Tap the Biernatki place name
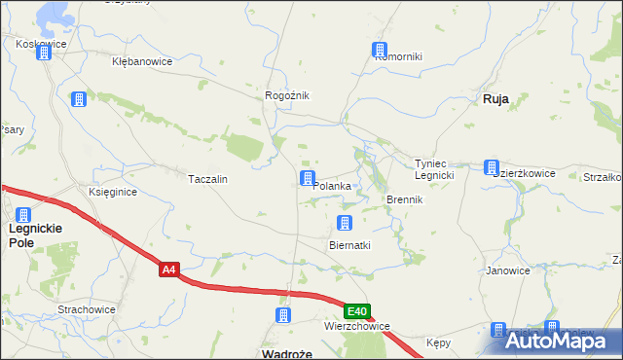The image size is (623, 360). click(350, 245)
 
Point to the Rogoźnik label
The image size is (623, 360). click(287, 95)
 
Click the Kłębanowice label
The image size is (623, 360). click(142, 61)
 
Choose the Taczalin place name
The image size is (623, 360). click(207, 180)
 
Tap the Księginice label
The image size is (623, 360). click(113, 193)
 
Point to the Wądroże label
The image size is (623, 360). click(288, 353)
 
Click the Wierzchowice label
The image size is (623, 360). click(357, 327)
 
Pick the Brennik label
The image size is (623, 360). click(404, 199)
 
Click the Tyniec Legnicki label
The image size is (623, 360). click(435, 169)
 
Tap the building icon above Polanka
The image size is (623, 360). click(308, 178)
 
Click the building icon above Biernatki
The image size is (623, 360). click(344, 224)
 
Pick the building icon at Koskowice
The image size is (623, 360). click(44, 53)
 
